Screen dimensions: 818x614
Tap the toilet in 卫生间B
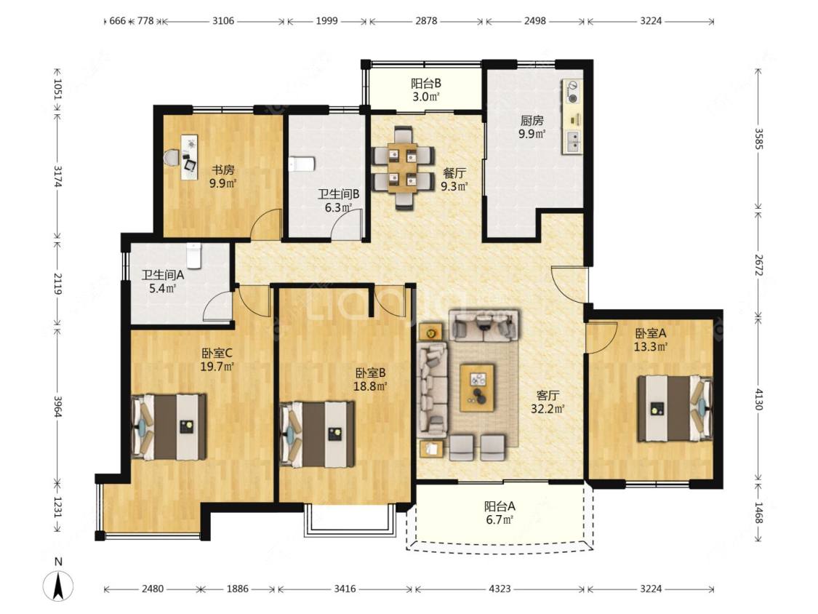tap(302, 164)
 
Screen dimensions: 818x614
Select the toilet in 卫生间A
tap(194, 255)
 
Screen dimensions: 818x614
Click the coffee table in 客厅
tap(477, 388)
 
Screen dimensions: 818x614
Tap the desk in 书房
tap(189, 156)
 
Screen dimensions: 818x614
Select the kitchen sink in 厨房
tap(572, 141)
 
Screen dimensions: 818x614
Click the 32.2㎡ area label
tap(548, 409)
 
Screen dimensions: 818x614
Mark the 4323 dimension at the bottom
tap(500, 589)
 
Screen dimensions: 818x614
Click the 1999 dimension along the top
tap(326, 21)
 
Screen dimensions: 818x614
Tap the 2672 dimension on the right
tap(758, 266)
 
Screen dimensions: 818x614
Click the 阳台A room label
tap(500, 506)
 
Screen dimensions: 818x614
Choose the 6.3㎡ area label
tap(338, 207)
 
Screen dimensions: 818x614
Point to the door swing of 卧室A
tap(600, 338)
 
